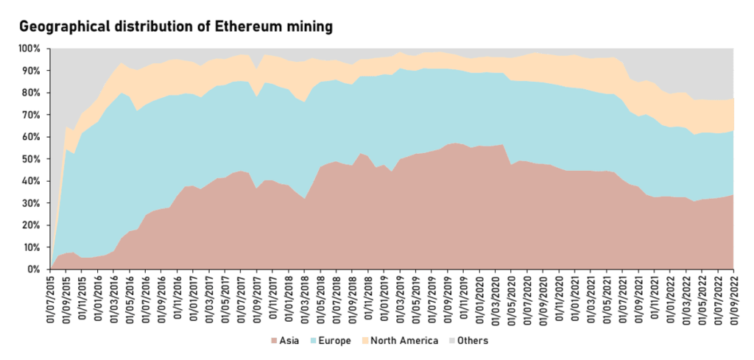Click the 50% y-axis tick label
(x=30, y=159)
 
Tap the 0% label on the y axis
(x=33, y=269)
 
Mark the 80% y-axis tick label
(x=30, y=93)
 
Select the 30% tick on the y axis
(x=30, y=203)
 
